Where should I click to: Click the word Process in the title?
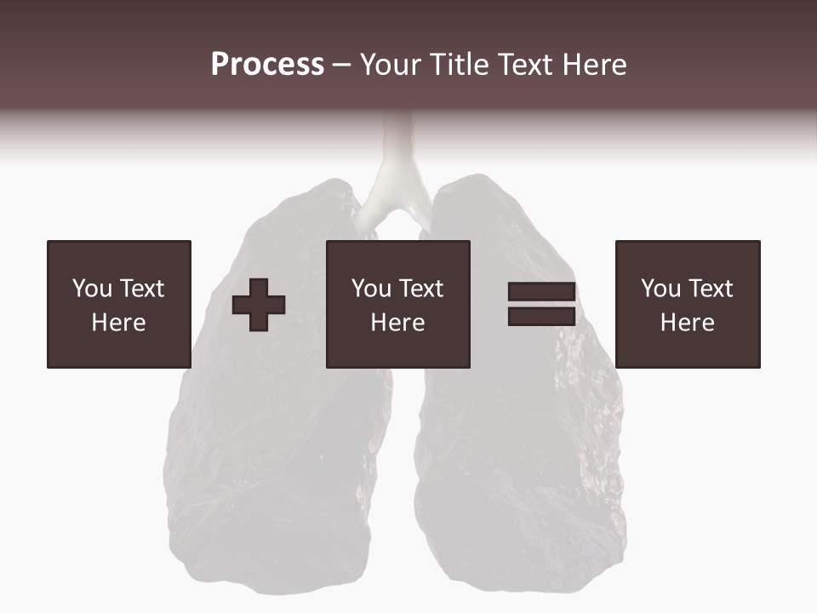point(267,65)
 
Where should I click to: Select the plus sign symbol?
point(259,305)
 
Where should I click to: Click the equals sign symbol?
point(541,304)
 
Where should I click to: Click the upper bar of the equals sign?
point(541,292)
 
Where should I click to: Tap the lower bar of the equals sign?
point(541,316)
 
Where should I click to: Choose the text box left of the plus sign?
point(119,304)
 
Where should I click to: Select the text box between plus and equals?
point(398,304)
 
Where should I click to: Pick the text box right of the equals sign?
point(688,304)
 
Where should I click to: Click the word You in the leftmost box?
point(92,289)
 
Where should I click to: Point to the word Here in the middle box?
point(398,323)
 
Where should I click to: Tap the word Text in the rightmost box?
point(710,289)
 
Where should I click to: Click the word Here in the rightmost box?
point(688,323)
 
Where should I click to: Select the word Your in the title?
point(391,65)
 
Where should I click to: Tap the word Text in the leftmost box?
point(141,289)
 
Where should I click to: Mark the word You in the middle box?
point(371,289)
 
